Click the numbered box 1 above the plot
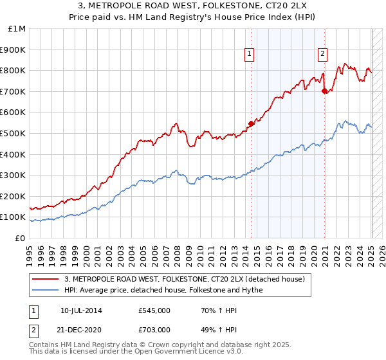(x=249, y=55)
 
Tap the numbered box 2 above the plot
(x=322, y=55)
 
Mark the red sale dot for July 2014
(x=251, y=124)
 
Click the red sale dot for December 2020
(x=324, y=91)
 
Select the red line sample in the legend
(x=46, y=279)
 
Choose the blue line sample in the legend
(x=46, y=290)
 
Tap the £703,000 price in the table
(x=154, y=329)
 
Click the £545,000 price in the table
(x=154, y=310)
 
